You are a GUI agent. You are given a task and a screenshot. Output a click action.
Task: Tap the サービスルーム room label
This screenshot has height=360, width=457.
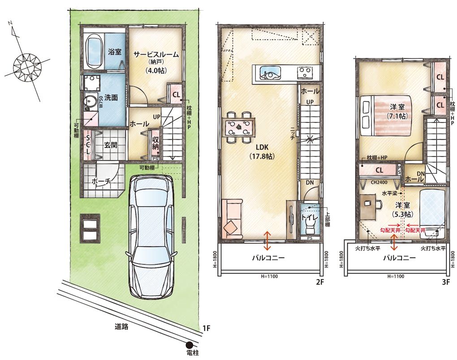156,55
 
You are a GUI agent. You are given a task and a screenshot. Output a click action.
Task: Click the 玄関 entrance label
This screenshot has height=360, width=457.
111,145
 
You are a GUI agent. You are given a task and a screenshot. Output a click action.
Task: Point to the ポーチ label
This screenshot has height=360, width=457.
101,181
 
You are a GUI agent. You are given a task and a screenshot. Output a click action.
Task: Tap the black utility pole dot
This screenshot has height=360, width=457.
190,345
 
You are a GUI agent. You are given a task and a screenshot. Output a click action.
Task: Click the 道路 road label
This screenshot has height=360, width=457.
121,326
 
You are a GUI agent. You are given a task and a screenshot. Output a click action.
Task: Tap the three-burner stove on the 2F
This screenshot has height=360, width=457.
305,73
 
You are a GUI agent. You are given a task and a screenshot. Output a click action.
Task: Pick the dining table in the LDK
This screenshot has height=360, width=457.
239,127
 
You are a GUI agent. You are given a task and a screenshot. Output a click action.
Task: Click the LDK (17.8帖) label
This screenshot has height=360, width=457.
262,152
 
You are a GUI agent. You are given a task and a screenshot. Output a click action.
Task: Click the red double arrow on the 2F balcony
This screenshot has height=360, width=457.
267,240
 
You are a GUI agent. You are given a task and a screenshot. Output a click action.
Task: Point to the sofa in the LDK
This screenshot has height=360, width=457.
232,219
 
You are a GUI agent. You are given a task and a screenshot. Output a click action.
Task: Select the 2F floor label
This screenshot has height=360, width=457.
320,282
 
